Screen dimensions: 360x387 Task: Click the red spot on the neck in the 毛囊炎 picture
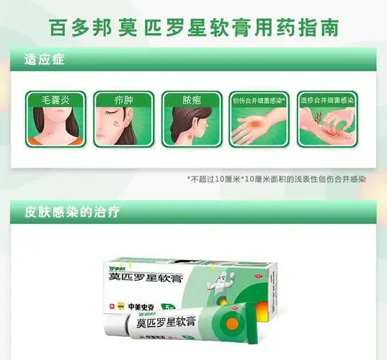[x=50, y=135]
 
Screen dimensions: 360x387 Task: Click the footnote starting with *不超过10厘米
[x=275, y=179]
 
